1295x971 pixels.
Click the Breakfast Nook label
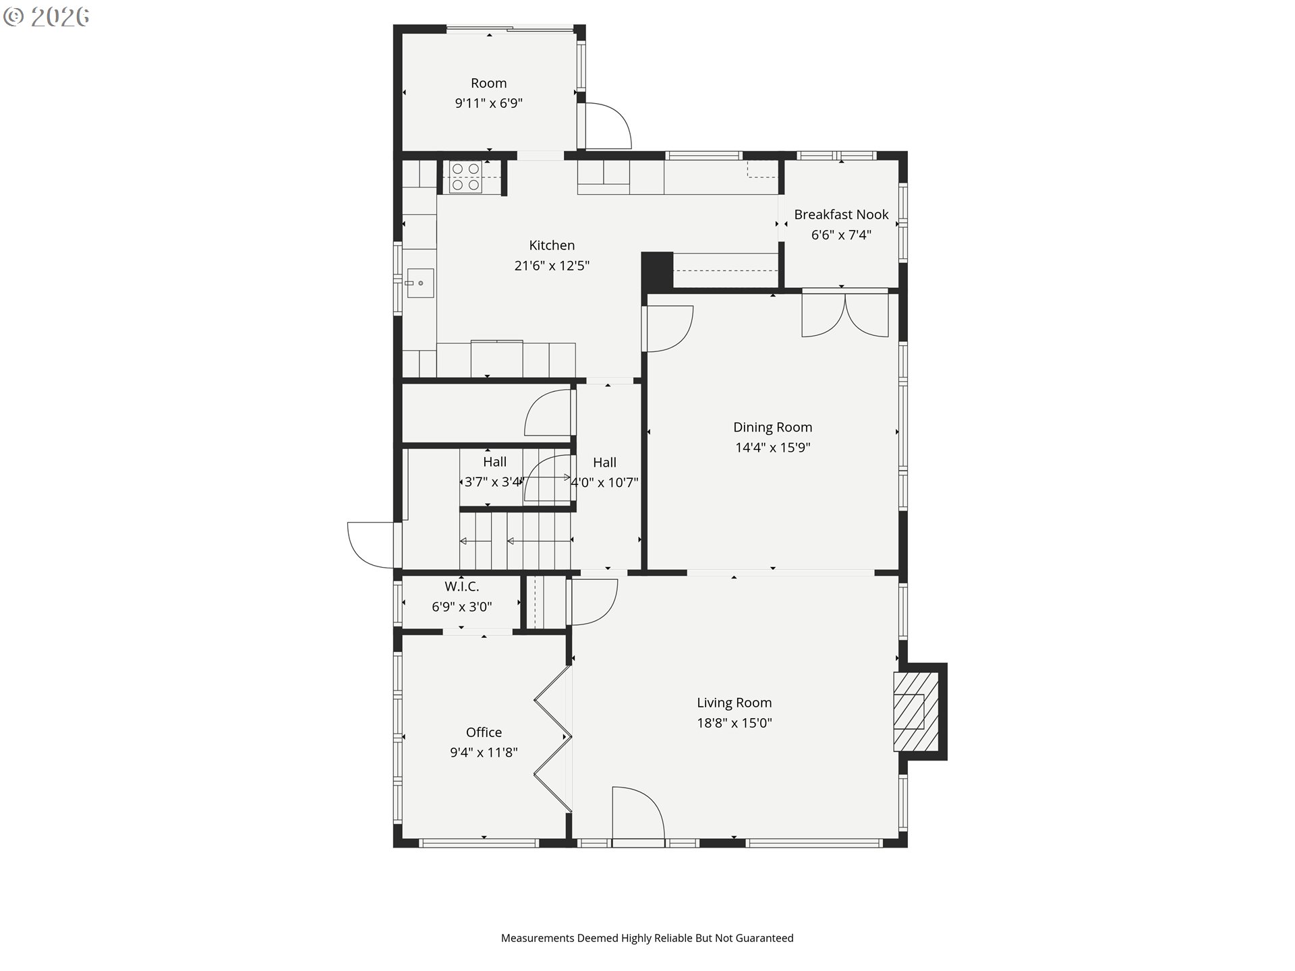(x=841, y=214)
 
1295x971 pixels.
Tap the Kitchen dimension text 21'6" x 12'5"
(x=552, y=266)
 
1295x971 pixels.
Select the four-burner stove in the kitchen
(x=465, y=177)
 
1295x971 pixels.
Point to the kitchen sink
(x=420, y=283)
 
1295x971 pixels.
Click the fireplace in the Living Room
(x=917, y=711)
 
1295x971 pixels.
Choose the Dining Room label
(x=772, y=427)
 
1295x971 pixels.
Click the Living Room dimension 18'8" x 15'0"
(x=734, y=723)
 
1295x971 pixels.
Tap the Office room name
(x=484, y=732)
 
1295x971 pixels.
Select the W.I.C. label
(x=461, y=587)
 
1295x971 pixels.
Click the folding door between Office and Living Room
(x=553, y=738)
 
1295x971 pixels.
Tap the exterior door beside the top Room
(x=608, y=125)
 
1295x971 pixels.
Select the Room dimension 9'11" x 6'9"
(x=488, y=103)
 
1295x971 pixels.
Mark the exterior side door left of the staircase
(x=371, y=545)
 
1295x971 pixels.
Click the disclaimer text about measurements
(x=647, y=938)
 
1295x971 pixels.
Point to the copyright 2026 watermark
(x=46, y=17)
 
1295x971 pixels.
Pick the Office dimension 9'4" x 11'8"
(x=484, y=753)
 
